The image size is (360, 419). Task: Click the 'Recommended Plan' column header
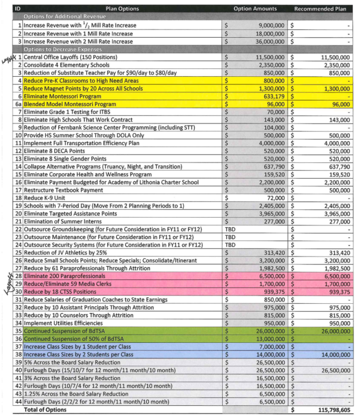point(320,10)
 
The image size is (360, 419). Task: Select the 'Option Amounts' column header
point(255,10)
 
